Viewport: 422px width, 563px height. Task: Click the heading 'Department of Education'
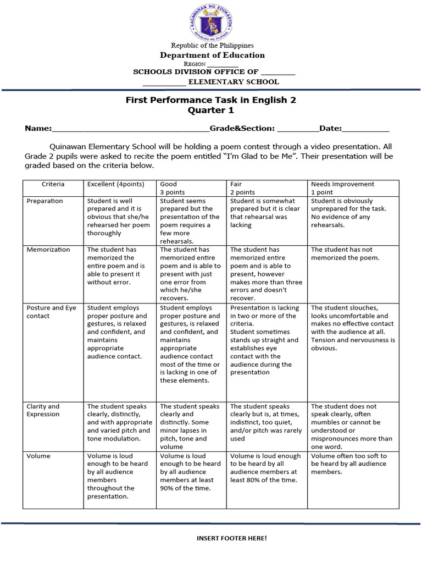[x=212, y=55]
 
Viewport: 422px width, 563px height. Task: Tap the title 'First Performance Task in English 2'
[x=211, y=100]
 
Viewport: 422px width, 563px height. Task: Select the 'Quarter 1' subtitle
[x=211, y=111]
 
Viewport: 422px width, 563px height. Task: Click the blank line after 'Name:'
[x=130, y=130]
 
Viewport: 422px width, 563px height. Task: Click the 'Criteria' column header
[x=53, y=184]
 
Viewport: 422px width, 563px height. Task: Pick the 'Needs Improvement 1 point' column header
[x=342, y=188]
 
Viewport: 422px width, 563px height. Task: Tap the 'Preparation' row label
[x=45, y=201]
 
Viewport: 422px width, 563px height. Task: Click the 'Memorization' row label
[x=48, y=250]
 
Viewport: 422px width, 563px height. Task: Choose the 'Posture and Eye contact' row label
[x=52, y=312]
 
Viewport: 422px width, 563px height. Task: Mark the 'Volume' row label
[x=38, y=456]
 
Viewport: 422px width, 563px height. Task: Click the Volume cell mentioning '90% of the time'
[x=191, y=472]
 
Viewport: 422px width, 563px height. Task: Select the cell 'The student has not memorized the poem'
[x=345, y=253]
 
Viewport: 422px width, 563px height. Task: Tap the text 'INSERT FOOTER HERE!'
[x=231, y=538]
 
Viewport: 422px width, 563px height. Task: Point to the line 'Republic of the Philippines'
[x=212, y=45]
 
